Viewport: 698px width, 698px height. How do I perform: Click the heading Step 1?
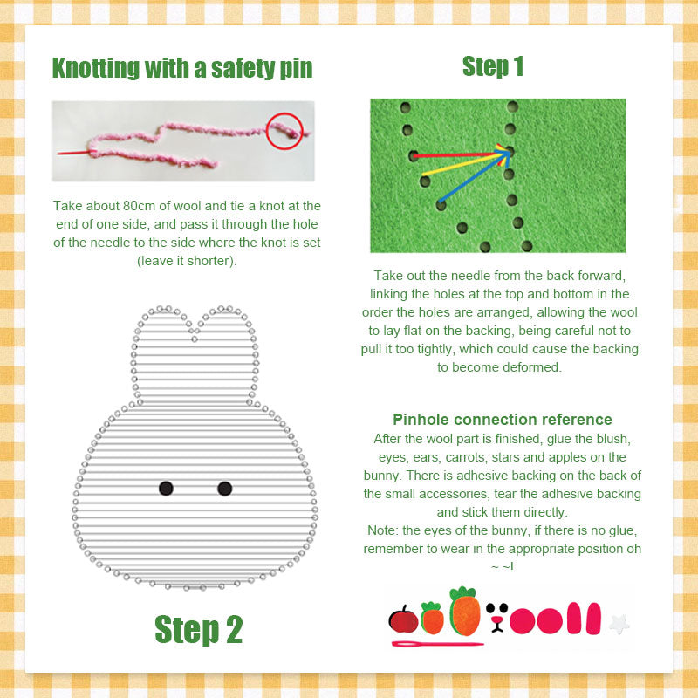coord(493,67)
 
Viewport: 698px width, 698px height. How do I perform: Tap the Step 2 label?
coord(199,629)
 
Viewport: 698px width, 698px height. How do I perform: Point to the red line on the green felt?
coord(460,154)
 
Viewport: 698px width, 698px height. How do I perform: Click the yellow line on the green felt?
coord(464,162)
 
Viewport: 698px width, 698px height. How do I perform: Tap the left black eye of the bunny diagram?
coord(166,489)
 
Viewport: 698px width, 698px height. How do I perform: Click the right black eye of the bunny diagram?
coord(225,489)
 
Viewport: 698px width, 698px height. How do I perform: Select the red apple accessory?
coord(403,619)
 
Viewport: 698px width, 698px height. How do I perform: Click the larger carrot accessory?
coord(465,612)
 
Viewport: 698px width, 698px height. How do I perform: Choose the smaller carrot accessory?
coord(432,618)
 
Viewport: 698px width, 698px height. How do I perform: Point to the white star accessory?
coord(619,624)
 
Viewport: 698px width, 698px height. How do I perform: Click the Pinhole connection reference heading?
coord(503,420)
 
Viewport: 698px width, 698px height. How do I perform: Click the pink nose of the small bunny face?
coord(496,620)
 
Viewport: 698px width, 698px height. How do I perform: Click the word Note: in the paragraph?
coord(383,530)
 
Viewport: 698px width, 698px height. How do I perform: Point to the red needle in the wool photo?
coord(74,153)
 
